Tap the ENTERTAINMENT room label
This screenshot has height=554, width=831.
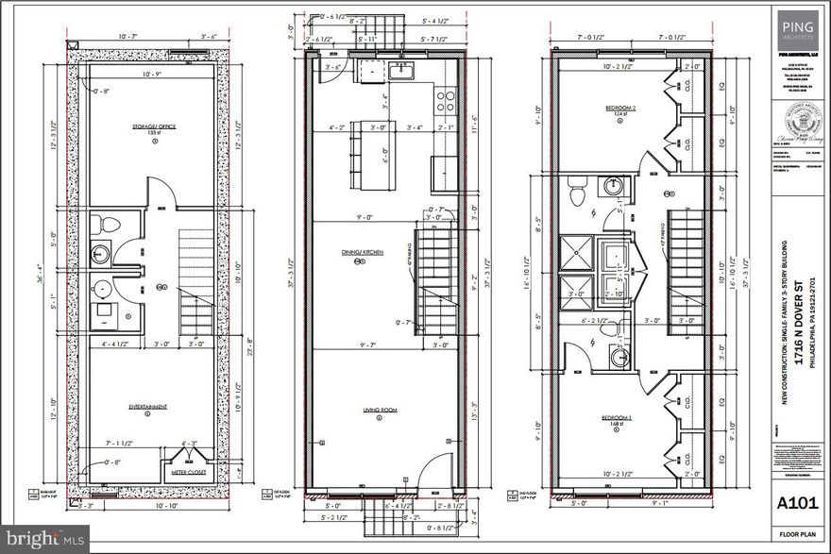pyautogui.click(x=147, y=407)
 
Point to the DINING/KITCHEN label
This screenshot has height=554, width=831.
pyautogui.click(x=359, y=252)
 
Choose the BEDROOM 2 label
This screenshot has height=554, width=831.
pyautogui.click(x=619, y=109)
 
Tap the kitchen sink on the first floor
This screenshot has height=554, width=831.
pyautogui.click(x=404, y=72)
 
